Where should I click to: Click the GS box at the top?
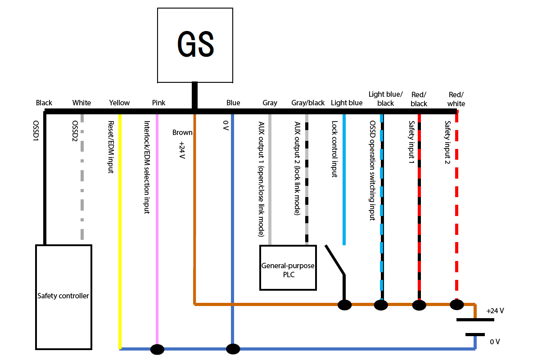195,45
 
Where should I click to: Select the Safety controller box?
63,297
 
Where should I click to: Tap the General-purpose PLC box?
288,268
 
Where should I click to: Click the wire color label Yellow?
119,103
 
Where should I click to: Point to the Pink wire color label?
158,103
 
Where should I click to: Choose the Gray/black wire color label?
308,103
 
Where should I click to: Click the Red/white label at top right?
456,99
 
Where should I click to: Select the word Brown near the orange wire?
182,133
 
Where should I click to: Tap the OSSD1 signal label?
36,130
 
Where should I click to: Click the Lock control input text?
334,149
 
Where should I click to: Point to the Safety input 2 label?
447,143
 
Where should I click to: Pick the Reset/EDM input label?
111,147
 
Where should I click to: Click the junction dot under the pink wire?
157,349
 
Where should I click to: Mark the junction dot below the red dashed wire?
456,305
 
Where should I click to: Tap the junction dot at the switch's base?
345,305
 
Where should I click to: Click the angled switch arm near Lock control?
335,259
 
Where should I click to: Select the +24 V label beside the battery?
495,310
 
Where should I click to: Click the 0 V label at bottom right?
495,342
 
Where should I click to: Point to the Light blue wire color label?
347,103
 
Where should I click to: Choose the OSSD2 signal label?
75,131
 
